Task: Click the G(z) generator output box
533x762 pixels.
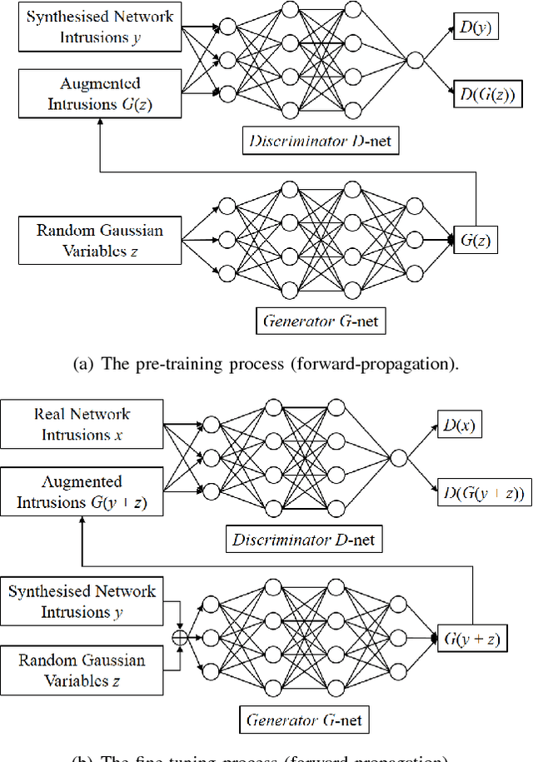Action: click(472, 242)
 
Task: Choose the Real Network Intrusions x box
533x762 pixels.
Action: click(82, 424)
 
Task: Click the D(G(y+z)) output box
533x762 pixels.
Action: click(483, 494)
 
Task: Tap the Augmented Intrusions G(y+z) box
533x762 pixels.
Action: click(82, 492)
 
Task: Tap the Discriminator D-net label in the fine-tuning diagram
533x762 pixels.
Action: click(304, 540)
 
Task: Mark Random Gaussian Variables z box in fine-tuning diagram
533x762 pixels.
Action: click(82, 670)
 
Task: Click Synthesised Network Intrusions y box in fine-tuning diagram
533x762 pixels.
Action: click(82, 601)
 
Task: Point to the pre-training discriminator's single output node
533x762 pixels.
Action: click(416, 59)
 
